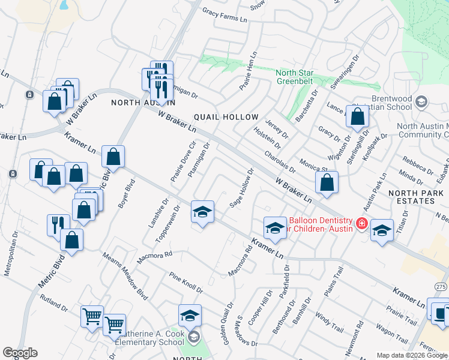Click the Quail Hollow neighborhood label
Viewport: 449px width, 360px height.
[x=226, y=117]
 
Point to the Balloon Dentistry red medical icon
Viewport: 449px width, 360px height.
[x=361, y=224]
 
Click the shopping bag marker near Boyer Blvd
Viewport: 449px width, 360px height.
[x=113, y=158]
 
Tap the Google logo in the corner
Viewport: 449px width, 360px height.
[x=20, y=353]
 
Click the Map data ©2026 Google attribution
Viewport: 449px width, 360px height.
[x=412, y=355]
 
